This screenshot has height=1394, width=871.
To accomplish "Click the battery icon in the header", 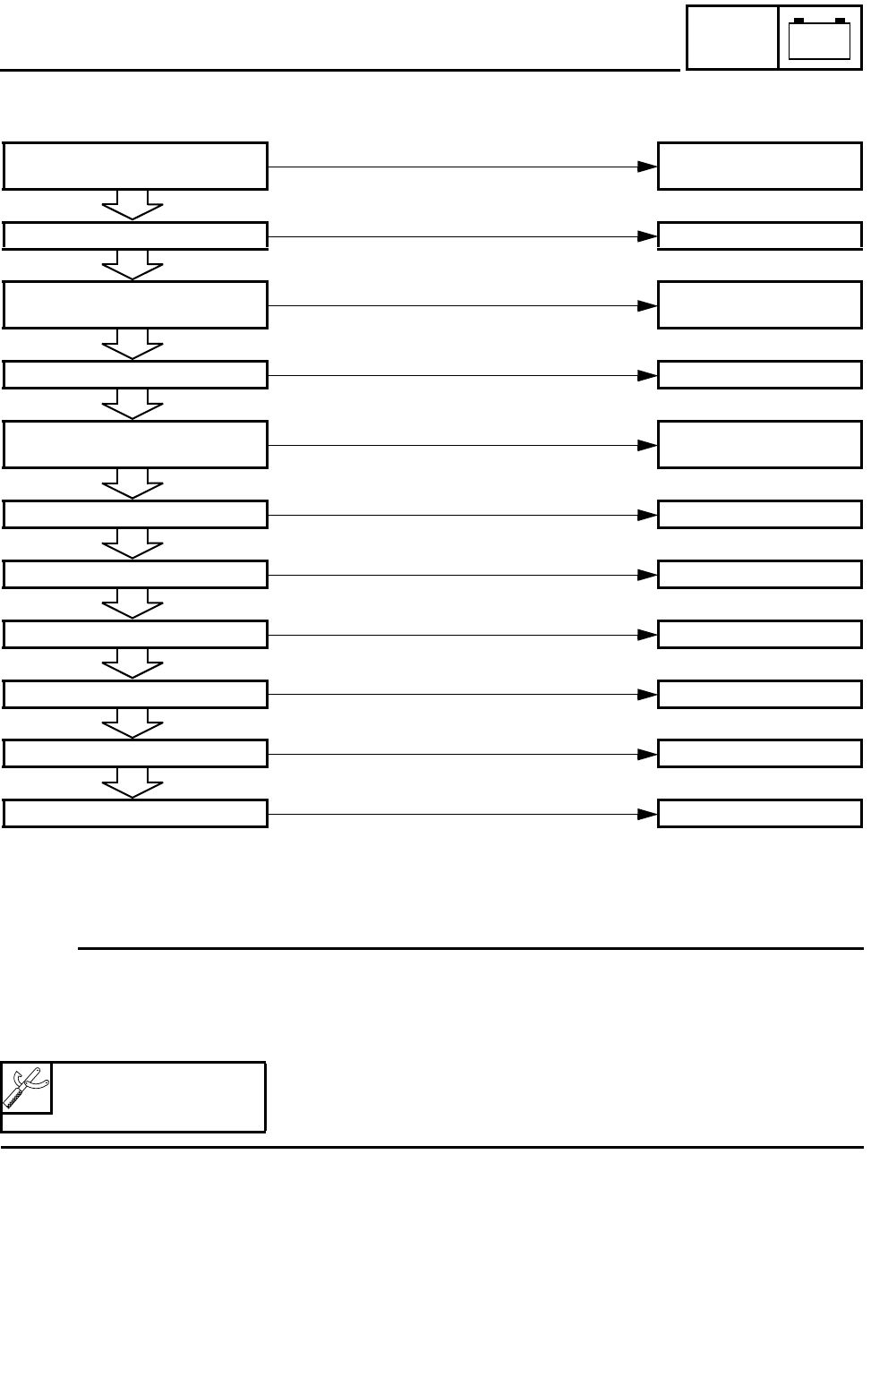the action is coord(818,39).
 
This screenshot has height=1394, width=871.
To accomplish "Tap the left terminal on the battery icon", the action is coord(798,21).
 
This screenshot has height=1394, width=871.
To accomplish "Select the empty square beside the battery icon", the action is coord(731,37).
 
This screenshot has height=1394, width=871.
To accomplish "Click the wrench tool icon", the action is coord(26,1088).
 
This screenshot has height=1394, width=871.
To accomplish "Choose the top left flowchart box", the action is coord(135,166).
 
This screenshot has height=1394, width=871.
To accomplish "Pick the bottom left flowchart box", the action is coord(135,813).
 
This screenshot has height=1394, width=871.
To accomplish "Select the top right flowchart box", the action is coord(759,166).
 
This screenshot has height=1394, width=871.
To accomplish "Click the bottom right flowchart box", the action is coord(759,813).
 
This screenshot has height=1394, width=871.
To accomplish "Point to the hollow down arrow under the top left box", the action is coord(132,205).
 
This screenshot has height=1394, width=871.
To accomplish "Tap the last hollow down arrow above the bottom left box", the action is coord(132,783).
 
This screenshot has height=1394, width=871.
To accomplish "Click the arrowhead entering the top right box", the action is coord(647,167).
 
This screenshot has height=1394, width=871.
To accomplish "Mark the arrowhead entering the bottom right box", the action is coord(647,814).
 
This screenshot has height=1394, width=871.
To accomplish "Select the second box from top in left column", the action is coord(135,235).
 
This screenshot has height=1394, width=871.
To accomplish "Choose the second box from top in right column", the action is coord(759,235).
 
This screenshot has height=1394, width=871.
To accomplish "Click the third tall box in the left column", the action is coord(135,444).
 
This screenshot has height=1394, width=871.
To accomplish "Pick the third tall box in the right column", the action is coord(759,444).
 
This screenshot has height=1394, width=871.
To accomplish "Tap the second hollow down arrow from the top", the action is coord(132,265).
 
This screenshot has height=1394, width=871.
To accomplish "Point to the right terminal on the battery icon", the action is coord(840,21).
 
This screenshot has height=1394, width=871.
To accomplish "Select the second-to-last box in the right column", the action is coord(759,754).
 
